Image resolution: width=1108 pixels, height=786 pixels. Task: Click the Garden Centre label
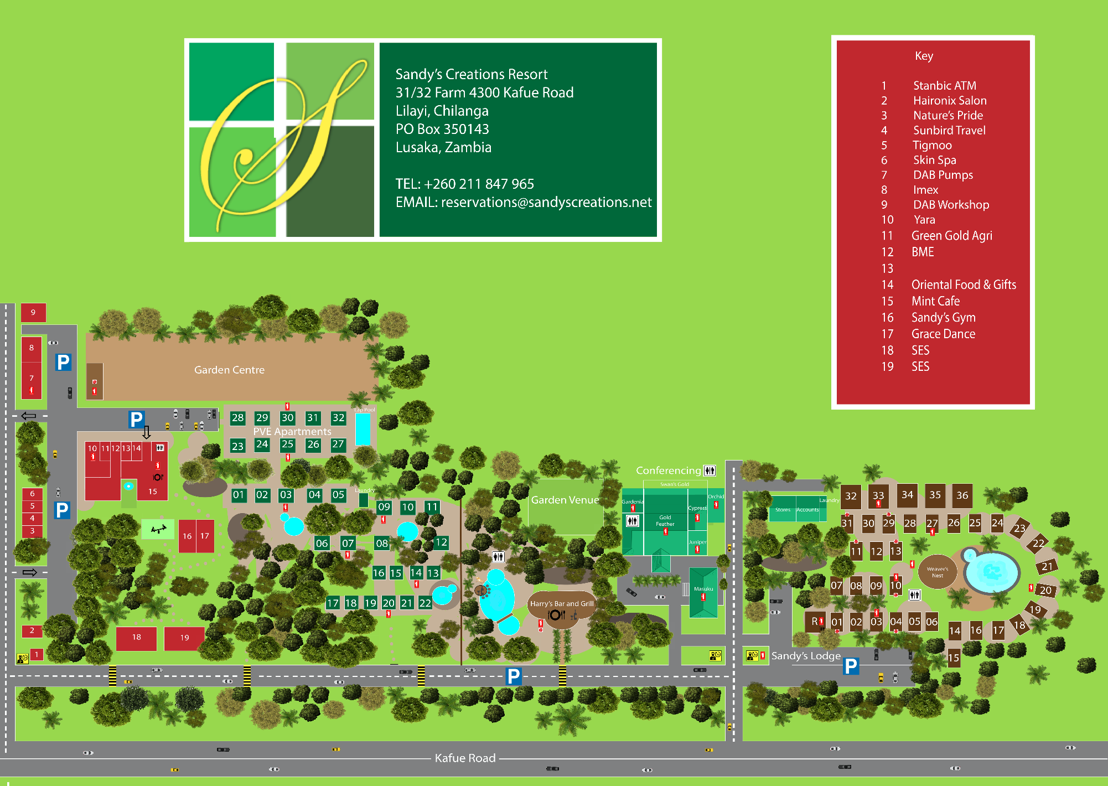229,370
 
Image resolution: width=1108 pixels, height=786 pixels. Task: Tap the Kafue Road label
465,758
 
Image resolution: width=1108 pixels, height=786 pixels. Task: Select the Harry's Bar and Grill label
561,603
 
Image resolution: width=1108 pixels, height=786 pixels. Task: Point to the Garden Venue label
565,500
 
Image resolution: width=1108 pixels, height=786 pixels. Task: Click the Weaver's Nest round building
937,572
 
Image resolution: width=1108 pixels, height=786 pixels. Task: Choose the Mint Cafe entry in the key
935,301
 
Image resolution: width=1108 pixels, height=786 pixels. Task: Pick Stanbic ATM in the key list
944,86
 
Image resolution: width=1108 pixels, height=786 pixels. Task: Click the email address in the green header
523,202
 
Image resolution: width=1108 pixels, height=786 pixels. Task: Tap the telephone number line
464,184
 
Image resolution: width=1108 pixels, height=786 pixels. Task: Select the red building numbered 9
33,313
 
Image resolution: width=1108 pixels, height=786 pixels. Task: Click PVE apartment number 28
237,418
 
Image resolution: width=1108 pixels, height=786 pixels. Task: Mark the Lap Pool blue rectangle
363,429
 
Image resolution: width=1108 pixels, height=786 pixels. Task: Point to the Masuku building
703,592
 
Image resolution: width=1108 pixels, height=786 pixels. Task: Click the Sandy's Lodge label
806,656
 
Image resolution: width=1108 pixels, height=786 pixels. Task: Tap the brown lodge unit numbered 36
962,495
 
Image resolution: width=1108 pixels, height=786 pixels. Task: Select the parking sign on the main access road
514,676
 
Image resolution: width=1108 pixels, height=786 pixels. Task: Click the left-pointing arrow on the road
29,416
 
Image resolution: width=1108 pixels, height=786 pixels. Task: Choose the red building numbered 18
136,638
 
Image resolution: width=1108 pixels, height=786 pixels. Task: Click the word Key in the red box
924,56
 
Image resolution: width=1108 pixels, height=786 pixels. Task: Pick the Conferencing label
668,470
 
